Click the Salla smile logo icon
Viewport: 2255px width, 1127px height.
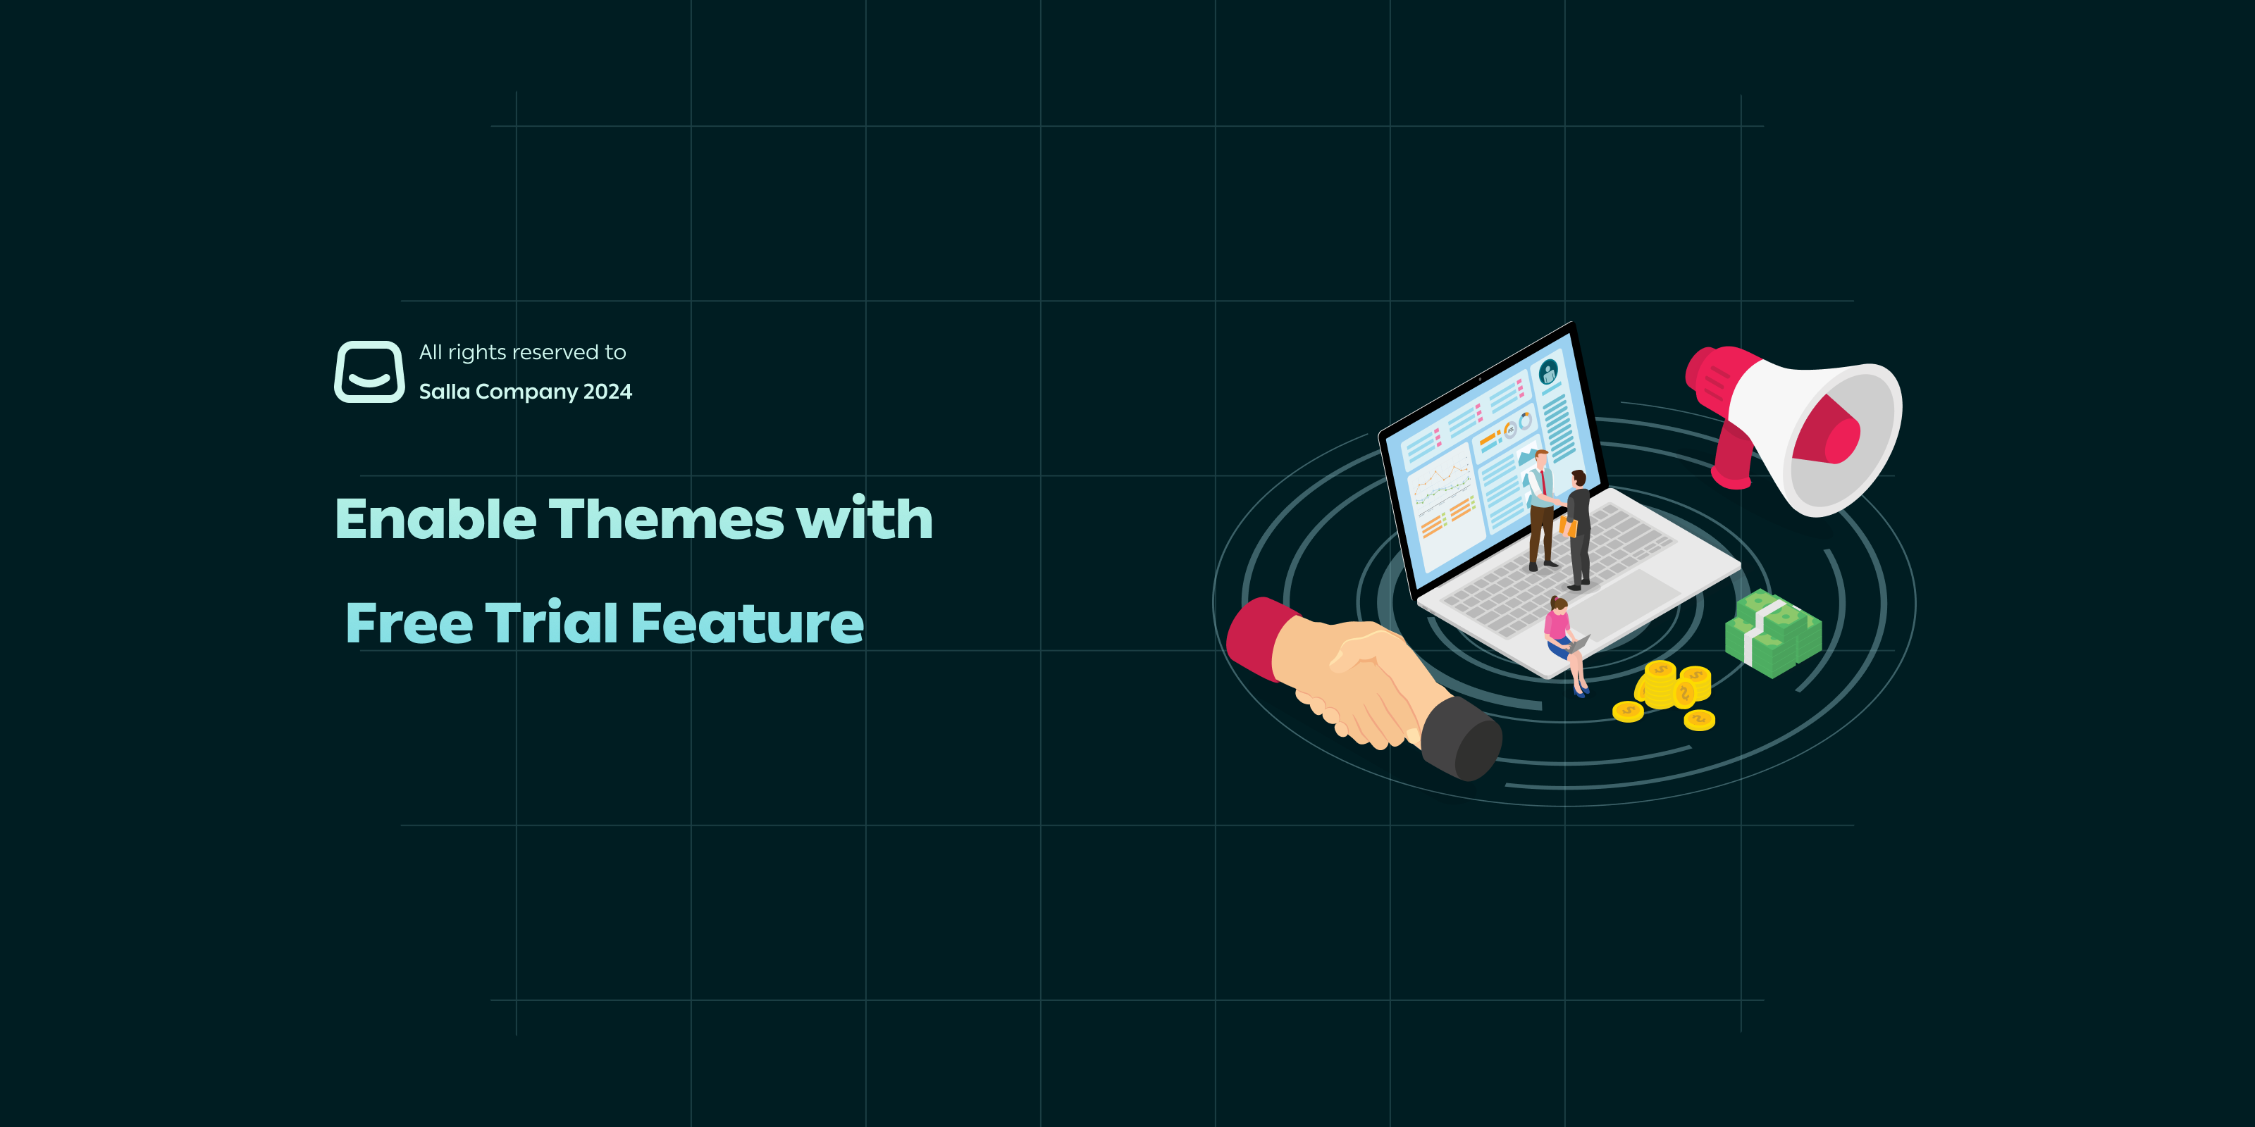point(369,372)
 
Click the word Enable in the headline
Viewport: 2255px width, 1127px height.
point(435,519)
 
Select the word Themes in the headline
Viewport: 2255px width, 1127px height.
point(666,519)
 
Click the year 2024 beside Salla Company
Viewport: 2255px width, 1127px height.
point(607,392)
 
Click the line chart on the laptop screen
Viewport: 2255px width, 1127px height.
point(1440,481)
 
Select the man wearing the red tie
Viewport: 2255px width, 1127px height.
point(1540,507)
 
